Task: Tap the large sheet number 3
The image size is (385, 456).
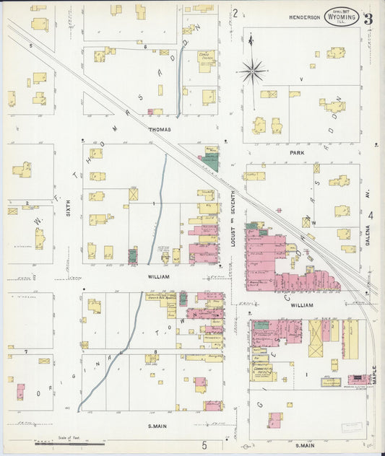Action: pos(368,19)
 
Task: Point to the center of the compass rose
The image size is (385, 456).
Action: pos(252,71)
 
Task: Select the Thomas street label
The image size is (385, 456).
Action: pos(160,130)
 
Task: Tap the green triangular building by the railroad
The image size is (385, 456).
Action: pos(210,162)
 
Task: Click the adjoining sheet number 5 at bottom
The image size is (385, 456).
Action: pos(204,444)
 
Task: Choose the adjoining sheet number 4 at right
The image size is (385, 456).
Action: pos(371,215)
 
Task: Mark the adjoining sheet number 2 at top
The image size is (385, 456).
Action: pos(235,12)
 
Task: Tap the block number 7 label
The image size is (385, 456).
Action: pos(26,351)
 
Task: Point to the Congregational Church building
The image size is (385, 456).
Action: pos(207,59)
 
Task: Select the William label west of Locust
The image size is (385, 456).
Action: pos(158,276)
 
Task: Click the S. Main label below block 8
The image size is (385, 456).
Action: pos(155,426)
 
